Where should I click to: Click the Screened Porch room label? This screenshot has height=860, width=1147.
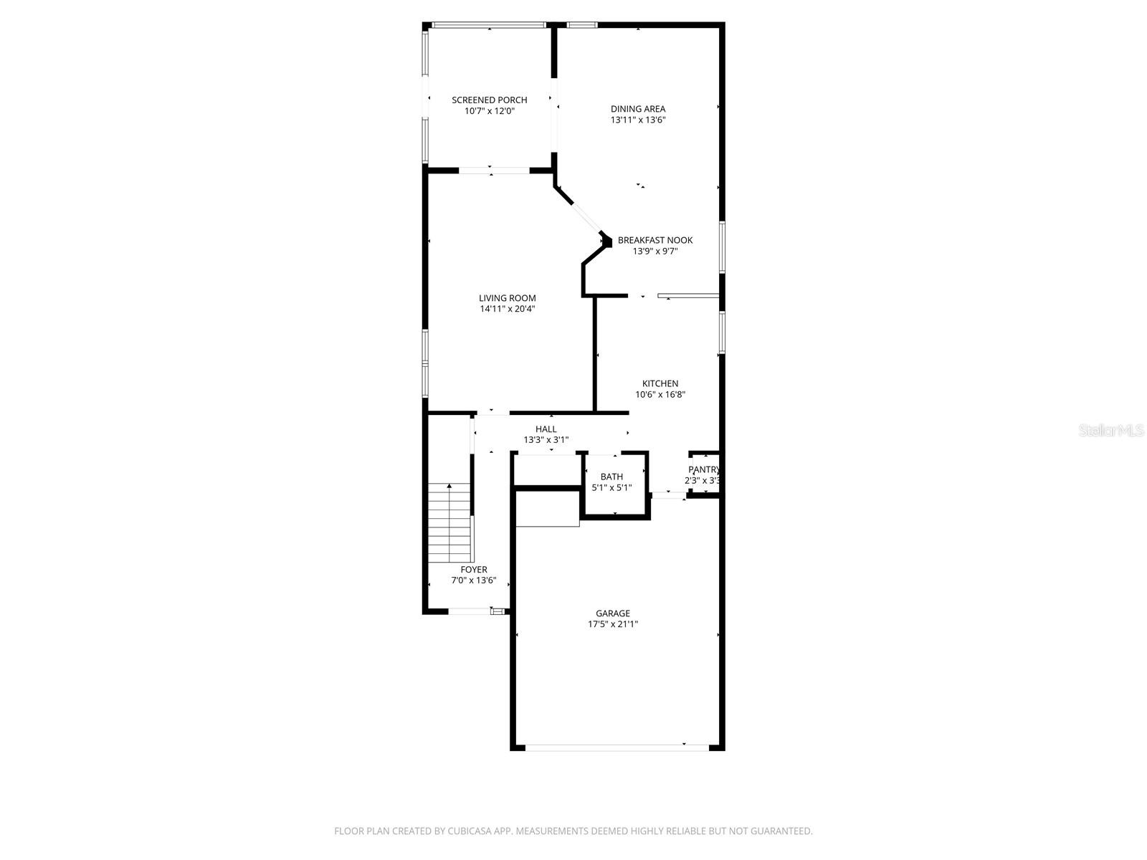(489, 100)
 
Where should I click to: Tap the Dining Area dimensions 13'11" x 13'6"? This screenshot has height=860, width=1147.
(638, 120)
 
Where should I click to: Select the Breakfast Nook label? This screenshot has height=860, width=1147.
(655, 240)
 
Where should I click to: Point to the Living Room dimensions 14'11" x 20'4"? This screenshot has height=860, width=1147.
(508, 309)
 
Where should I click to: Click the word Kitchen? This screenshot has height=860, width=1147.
(660, 383)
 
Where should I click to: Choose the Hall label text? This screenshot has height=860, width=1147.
(546, 429)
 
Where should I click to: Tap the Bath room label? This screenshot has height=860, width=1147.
(611, 477)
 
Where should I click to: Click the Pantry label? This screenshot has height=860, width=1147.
(703, 470)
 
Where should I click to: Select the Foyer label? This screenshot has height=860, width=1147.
(473, 570)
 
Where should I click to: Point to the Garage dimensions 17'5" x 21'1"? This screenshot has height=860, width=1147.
(613, 624)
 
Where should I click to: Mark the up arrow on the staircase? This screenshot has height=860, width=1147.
(449, 487)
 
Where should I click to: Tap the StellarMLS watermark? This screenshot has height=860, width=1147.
(1111, 431)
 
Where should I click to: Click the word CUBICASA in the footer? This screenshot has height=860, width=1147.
(465, 831)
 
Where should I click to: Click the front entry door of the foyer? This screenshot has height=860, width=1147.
(470, 611)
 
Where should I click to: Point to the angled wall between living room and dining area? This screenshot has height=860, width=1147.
(581, 213)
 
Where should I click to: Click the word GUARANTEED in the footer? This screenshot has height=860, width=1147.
(781, 831)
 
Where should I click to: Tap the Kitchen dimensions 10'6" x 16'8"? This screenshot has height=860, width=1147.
(660, 394)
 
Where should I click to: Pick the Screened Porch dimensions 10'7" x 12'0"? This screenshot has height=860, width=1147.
(489, 111)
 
